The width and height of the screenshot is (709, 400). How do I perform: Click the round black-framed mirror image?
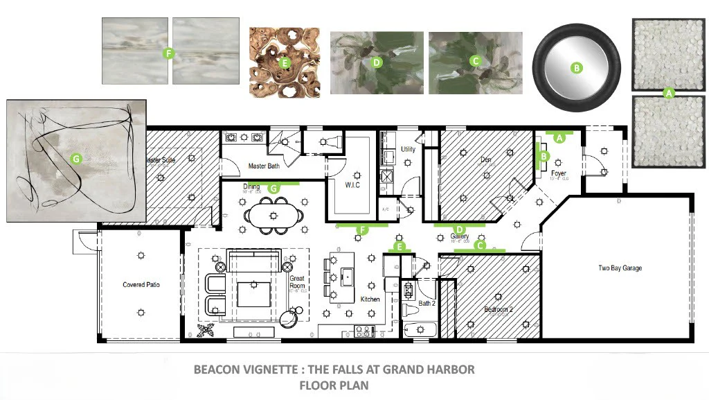tap(575, 68)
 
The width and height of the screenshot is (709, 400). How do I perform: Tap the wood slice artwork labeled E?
tap(284, 62)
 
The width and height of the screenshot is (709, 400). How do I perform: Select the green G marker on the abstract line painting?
tap(76, 159)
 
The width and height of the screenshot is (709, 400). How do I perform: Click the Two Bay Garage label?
tap(619, 268)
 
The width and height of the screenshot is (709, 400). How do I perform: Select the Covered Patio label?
tap(141, 285)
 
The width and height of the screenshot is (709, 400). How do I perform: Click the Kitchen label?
tap(370, 299)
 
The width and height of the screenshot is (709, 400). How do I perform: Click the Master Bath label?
tap(264, 166)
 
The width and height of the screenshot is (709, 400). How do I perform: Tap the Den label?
tap(486, 159)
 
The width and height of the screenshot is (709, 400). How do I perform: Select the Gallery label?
tap(460, 236)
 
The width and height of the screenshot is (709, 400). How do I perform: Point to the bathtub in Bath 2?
tap(418, 329)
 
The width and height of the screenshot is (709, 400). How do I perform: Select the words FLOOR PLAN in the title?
tap(334, 385)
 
